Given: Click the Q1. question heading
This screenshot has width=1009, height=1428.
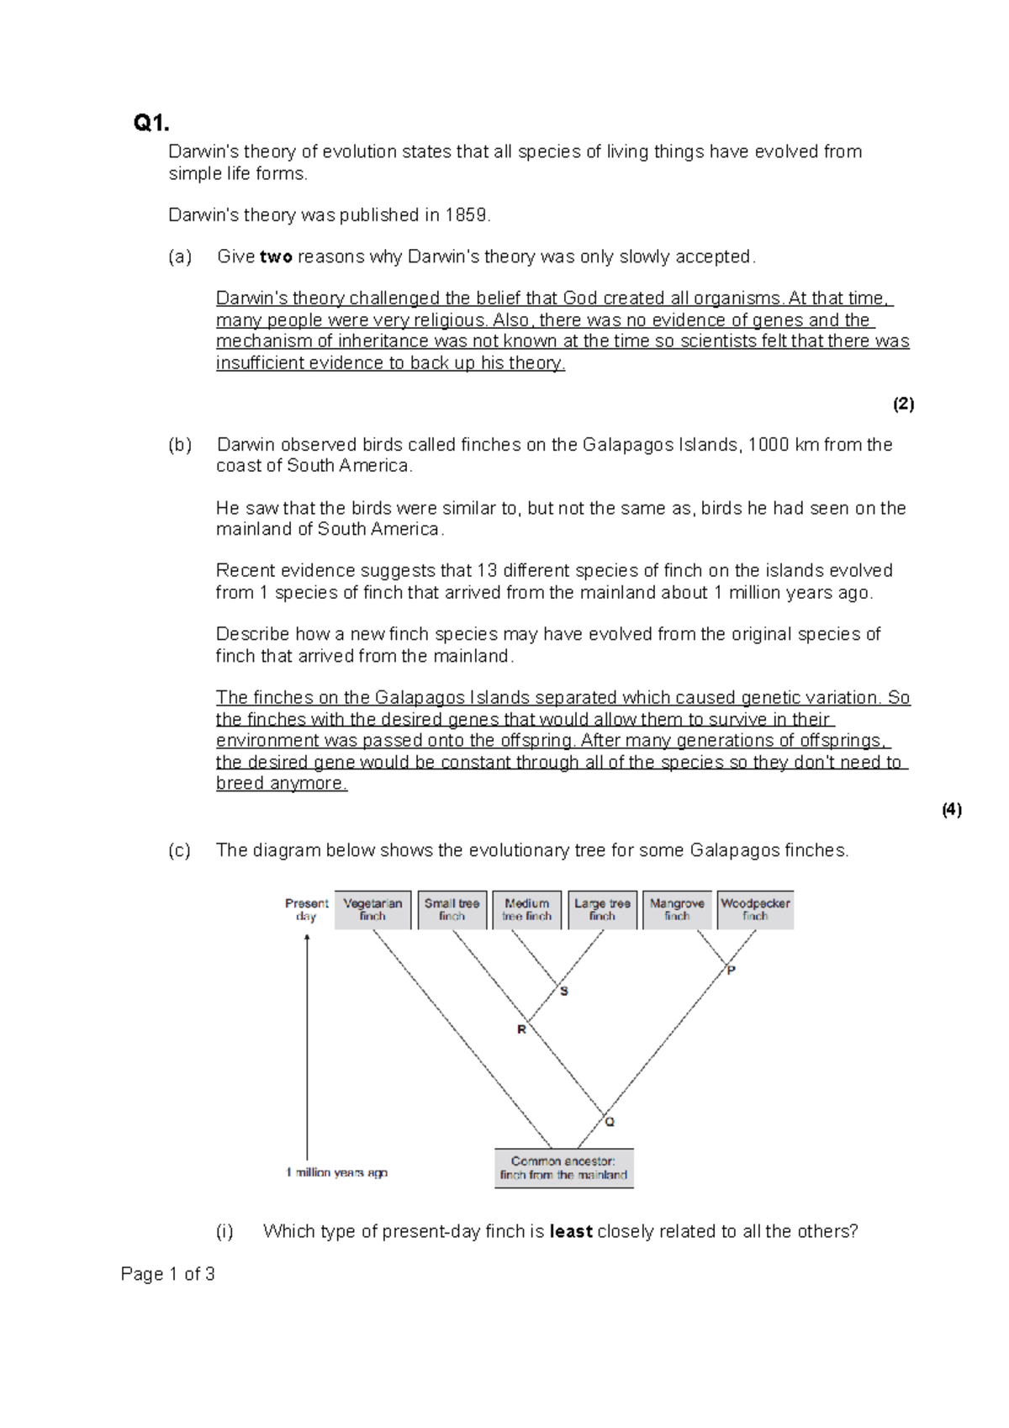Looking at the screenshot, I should click(x=151, y=124).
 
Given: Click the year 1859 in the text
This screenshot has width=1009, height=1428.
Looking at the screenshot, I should click(x=467, y=215).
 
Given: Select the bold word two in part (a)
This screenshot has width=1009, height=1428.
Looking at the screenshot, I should click(x=276, y=257).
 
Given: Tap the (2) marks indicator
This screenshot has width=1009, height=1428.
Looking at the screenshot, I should click(x=903, y=405).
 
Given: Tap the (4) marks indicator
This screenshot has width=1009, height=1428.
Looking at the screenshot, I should click(x=951, y=810).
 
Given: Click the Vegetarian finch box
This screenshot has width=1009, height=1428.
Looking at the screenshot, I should click(x=372, y=910).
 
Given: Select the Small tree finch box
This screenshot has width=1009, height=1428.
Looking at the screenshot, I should click(x=452, y=910).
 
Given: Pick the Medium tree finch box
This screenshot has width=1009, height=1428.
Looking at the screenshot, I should click(x=527, y=910).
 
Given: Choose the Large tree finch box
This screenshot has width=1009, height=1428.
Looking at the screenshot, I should click(x=602, y=910).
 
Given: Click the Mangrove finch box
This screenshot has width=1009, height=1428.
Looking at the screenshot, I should click(x=677, y=910).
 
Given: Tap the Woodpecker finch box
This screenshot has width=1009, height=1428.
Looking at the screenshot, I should click(x=755, y=910).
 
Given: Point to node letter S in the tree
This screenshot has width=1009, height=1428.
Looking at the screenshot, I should click(x=564, y=992).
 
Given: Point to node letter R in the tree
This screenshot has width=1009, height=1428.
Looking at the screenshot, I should click(x=521, y=1029).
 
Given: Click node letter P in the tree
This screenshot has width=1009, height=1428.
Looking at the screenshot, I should click(x=732, y=970).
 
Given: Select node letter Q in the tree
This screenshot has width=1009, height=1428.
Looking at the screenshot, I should click(x=610, y=1122).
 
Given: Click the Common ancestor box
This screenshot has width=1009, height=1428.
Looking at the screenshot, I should click(x=563, y=1168).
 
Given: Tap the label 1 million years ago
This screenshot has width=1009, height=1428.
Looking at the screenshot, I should click(x=337, y=1172).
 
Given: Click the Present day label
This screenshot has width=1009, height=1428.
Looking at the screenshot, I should click(x=306, y=910).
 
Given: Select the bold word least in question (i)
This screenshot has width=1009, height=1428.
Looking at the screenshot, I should click(x=571, y=1232).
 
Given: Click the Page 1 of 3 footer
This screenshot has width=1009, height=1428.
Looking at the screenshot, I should click(x=168, y=1274).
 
